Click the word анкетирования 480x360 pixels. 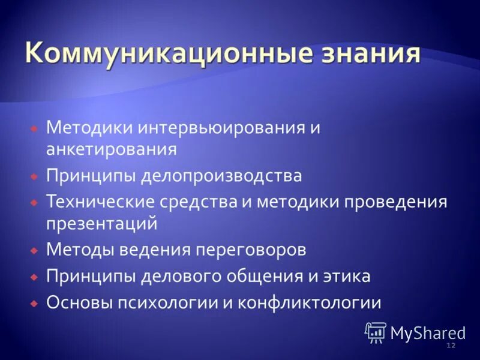coord(111,149)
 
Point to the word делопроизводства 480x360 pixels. coord(221,176)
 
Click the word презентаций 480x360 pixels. coord(101,224)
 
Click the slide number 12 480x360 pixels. coord(451,346)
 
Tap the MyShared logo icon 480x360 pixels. coord(376,332)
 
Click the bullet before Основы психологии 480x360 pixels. coord(34,302)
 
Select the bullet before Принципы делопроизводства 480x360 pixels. coord(34,176)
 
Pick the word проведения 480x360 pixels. coord(395,201)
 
